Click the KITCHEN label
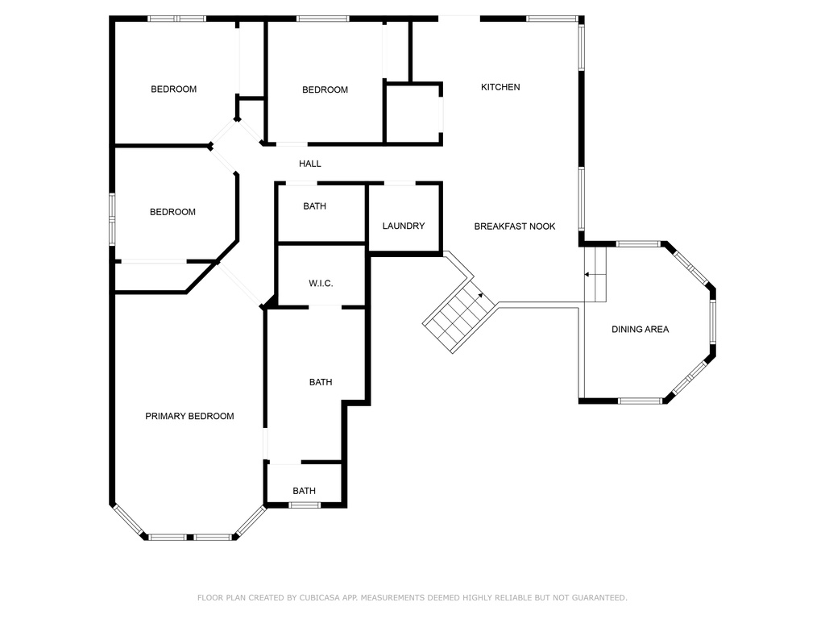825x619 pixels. (500, 87)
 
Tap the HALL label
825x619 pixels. (310, 164)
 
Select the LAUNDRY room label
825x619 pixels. (404, 226)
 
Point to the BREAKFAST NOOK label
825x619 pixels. (515, 226)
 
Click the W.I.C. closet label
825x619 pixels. (321, 284)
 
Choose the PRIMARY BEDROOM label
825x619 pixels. (189, 417)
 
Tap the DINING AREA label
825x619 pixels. (640, 329)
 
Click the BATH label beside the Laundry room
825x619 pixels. (315, 206)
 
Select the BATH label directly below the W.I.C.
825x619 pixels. (321, 382)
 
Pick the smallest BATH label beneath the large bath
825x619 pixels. (305, 491)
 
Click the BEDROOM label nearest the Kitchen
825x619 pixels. (325, 89)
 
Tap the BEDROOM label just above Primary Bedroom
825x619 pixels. (172, 212)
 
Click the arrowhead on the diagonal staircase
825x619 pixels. (482, 296)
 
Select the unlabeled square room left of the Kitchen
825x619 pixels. (412, 113)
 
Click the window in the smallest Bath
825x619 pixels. (305, 505)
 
